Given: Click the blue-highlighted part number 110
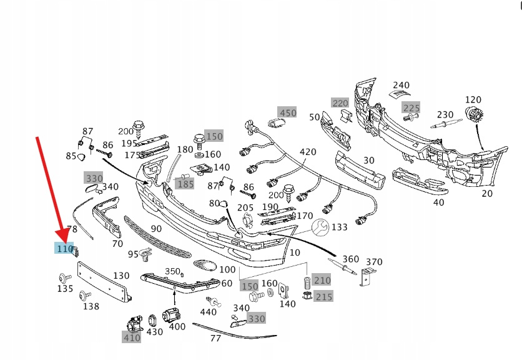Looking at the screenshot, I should tap(64, 249).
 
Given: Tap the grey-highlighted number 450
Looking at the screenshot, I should tap(288, 113).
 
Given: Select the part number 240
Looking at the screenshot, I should tap(401, 86).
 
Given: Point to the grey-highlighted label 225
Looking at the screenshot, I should tap(411, 107).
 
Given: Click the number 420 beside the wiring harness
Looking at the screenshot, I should tap(308, 152).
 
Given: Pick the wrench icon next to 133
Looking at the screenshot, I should tap(320, 226).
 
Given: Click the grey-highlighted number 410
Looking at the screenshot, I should tap(132, 338).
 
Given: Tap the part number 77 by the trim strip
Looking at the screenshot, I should tap(215, 339).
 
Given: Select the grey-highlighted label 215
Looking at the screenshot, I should tap(323, 296).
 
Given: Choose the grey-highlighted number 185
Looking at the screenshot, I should tap(185, 184).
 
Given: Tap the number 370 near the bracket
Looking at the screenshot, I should tap(374, 262).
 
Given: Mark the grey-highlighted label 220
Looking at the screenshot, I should tap(340, 102).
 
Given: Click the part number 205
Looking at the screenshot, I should tap(245, 208).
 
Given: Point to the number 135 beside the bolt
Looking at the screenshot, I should tap(65, 289).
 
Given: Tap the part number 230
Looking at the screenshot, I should tap(445, 114).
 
